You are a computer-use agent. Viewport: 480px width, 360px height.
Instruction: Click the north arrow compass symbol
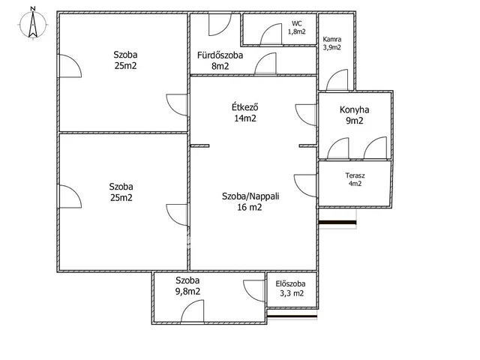point(33,25)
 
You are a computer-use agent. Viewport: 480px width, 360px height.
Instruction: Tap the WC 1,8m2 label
point(296,28)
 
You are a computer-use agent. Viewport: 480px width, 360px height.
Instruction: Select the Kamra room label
point(331,40)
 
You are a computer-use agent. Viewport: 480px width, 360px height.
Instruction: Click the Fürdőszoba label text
point(220,55)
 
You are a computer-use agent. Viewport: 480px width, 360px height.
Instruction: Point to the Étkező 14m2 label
point(245,112)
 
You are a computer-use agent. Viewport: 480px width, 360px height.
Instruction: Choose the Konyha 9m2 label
point(354,115)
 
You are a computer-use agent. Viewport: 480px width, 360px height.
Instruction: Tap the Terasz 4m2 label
point(355,180)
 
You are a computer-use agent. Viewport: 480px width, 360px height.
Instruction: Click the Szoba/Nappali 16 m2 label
point(250,202)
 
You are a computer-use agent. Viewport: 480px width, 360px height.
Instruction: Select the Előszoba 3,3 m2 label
point(290,289)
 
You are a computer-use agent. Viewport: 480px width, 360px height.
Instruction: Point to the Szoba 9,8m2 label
point(187,286)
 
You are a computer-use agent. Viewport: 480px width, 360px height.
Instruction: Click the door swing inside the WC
point(271,34)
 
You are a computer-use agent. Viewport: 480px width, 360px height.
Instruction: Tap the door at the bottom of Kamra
point(337,80)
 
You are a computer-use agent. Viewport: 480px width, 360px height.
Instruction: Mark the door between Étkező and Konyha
point(306,115)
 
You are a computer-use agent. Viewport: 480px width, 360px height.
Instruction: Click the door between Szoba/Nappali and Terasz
point(305,186)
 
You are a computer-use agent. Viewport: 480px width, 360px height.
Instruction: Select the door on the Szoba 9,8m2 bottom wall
point(193,311)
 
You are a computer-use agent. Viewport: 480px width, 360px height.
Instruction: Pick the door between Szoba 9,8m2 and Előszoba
point(254,291)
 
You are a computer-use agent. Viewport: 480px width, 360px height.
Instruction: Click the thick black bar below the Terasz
point(337,223)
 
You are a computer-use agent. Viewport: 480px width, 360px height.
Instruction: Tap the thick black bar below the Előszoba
point(292,316)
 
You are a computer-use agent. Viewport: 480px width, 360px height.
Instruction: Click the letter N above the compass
point(33,8)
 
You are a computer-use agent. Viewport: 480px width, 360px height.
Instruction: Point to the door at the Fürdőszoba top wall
point(220,25)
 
